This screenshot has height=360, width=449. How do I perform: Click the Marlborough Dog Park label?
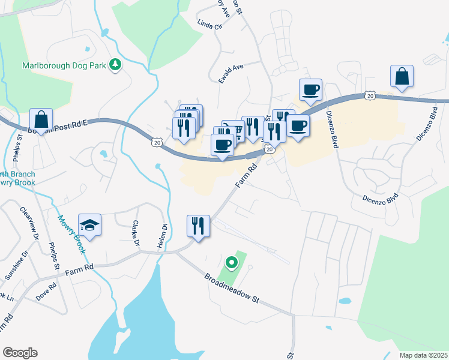64,65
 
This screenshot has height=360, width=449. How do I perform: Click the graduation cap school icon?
90,225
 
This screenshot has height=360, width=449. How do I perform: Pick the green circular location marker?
231,262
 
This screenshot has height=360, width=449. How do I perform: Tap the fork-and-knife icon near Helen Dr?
198,226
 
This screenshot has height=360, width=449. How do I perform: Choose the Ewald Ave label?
231,74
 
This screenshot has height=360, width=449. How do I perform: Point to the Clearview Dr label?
28,224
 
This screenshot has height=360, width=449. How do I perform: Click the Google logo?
20,353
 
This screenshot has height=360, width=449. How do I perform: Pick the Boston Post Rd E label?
58,126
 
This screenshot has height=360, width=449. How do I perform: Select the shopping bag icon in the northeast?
402,76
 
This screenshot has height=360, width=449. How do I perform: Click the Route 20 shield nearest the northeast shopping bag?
370,95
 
